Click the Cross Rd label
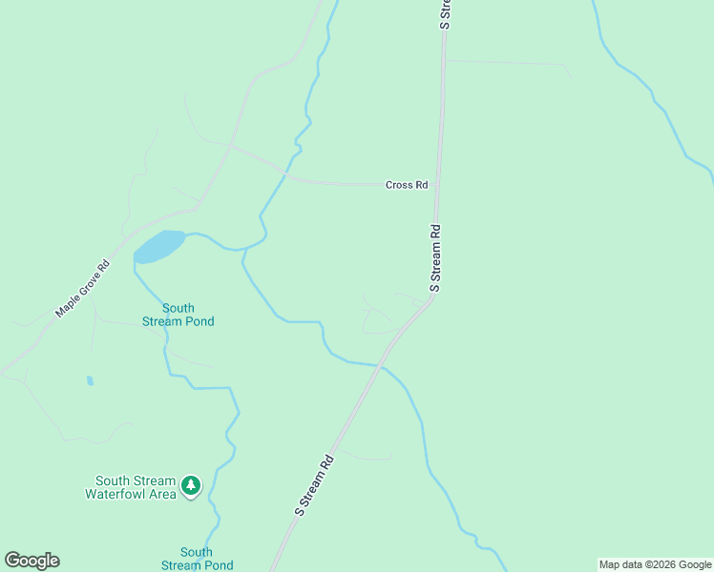[x=407, y=185]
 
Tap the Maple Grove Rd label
[x=82, y=289]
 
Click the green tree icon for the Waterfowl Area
[x=192, y=486]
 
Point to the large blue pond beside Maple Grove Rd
[x=158, y=247]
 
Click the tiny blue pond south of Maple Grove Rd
[x=91, y=380]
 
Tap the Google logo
[x=31, y=560]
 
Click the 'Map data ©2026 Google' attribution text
[x=655, y=564]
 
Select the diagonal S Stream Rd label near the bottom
[x=314, y=486]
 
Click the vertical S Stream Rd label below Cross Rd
[x=435, y=257]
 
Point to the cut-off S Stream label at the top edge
[x=444, y=14]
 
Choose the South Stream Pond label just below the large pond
[x=178, y=315]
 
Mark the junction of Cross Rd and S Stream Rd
[x=435, y=185]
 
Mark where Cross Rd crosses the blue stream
[x=284, y=174]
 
